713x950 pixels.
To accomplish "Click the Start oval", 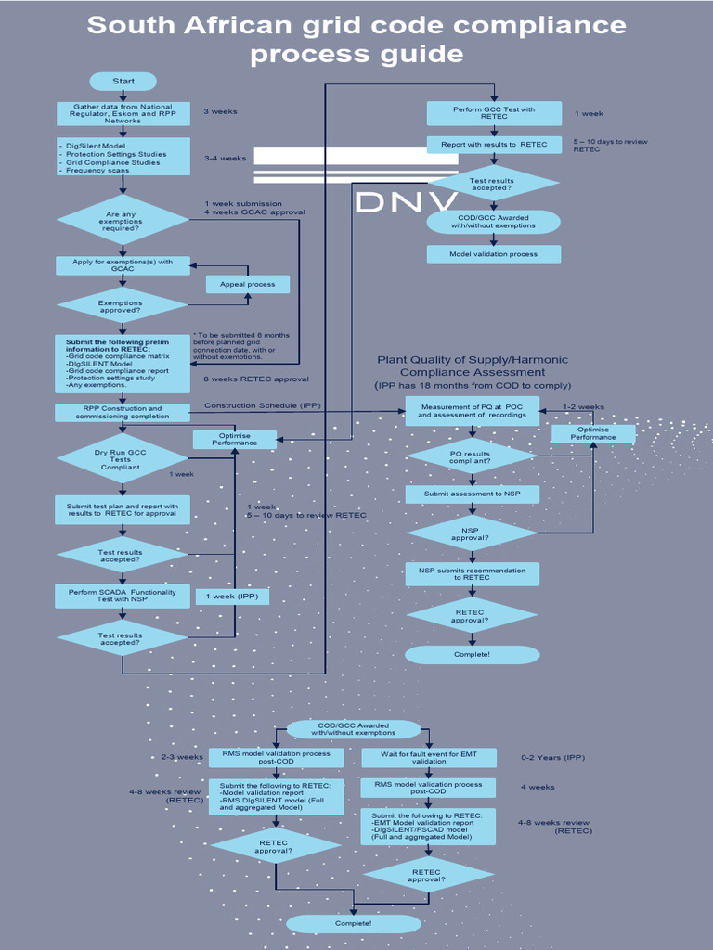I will coord(123,82).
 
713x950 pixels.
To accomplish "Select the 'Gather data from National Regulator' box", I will coord(123,113).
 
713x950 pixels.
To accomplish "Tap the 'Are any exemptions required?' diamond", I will coord(123,220).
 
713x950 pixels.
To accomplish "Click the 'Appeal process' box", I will coord(247,284).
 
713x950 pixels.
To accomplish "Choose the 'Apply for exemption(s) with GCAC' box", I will coord(123,265).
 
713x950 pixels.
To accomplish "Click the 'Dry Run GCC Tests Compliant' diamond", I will coord(123,458).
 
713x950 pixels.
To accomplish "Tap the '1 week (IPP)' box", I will coord(232,596).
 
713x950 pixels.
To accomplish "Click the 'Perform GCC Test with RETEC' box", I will coord(494,113).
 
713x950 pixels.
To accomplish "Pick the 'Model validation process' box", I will coord(494,254).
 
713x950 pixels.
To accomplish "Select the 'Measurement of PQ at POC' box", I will coord(472,411).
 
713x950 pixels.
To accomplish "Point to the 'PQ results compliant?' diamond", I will coord(472,456).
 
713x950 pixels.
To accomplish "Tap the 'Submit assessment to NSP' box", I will coord(472,494).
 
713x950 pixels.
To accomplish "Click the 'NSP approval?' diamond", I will coord(472,533).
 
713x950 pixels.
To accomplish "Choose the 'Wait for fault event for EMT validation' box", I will coord(428,758).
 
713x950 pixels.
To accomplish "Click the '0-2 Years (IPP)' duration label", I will coord(553,758).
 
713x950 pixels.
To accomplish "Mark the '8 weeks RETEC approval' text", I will coord(256,379).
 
